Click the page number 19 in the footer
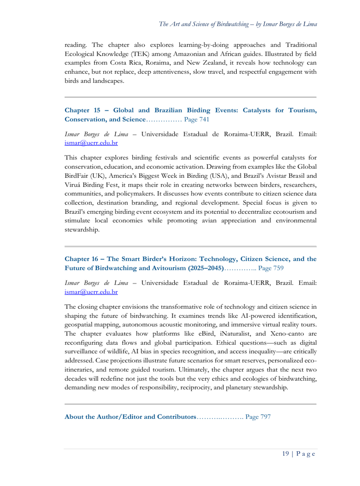pos(285,454)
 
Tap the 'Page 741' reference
pos(197,119)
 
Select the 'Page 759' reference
pos(271,268)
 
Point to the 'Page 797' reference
pos(258,417)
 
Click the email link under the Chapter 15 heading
pos(91,143)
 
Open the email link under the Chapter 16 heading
pos(91,292)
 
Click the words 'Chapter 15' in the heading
pos(82,110)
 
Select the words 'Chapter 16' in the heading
pos(81,259)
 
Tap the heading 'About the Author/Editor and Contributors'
pos(130,417)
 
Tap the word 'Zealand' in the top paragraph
pos(212,63)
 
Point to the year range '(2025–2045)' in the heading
pos(206,268)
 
